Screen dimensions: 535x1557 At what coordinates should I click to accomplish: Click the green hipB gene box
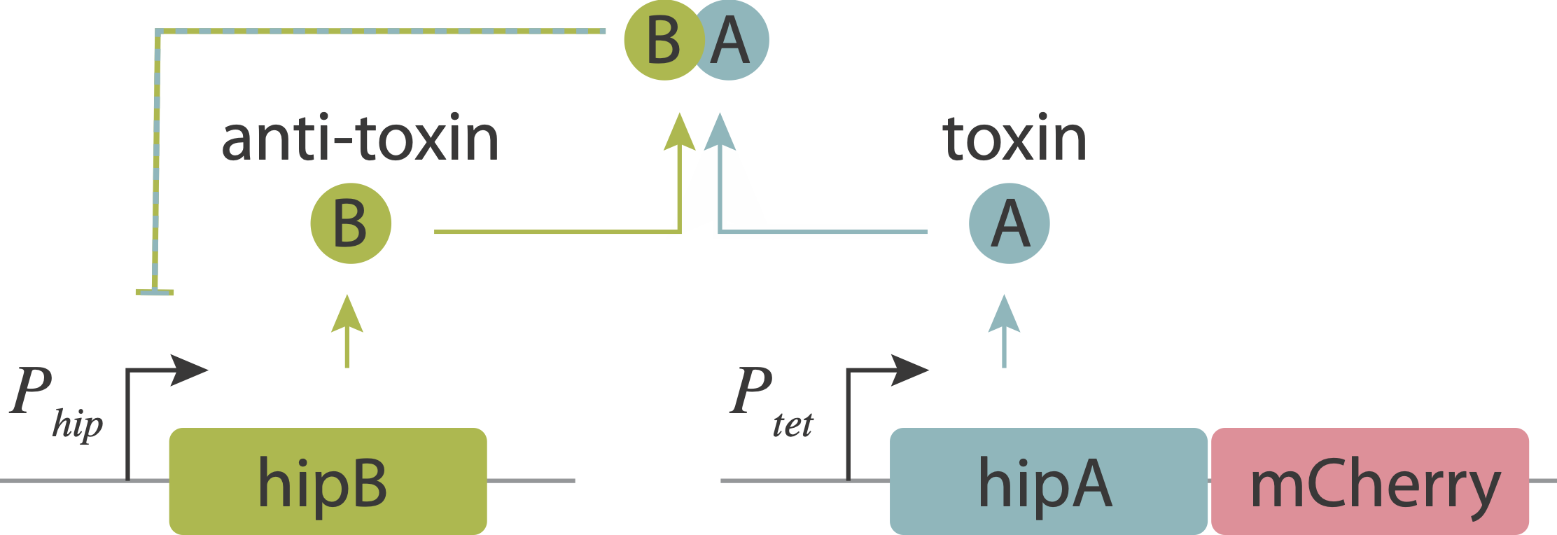tap(328, 481)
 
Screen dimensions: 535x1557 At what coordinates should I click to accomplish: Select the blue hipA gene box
tap(1047, 481)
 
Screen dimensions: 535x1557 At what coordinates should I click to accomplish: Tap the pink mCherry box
tap(1369, 481)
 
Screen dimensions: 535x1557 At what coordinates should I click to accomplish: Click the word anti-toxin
tap(360, 139)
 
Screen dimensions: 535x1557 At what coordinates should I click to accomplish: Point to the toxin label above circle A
tap(1014, 139)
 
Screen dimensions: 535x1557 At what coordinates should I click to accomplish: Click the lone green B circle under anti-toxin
tap(351, 223)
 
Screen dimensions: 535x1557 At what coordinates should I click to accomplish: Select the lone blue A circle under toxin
tap(1009, 223)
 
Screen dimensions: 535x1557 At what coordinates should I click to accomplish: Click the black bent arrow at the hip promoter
tap(165, 392)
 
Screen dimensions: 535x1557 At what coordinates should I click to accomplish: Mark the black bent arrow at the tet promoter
tap(885, 392)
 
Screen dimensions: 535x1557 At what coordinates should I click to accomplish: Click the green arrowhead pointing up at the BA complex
tap(679, 132)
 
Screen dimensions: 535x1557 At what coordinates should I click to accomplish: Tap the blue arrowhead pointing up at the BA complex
tap(720, 132)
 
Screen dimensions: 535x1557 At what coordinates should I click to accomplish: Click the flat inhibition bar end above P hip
tap(155, 292)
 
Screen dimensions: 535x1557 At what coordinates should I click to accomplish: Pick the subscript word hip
tap(78, 424)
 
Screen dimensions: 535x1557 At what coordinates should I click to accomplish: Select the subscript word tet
tap(793, 424)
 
